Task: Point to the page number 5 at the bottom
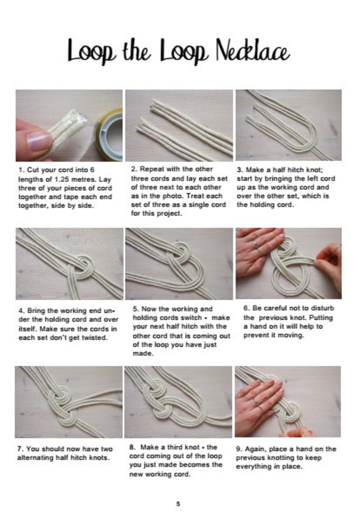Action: coord(178,504)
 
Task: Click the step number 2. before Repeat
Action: coord(134,169)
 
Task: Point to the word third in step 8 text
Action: coord(188,447)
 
